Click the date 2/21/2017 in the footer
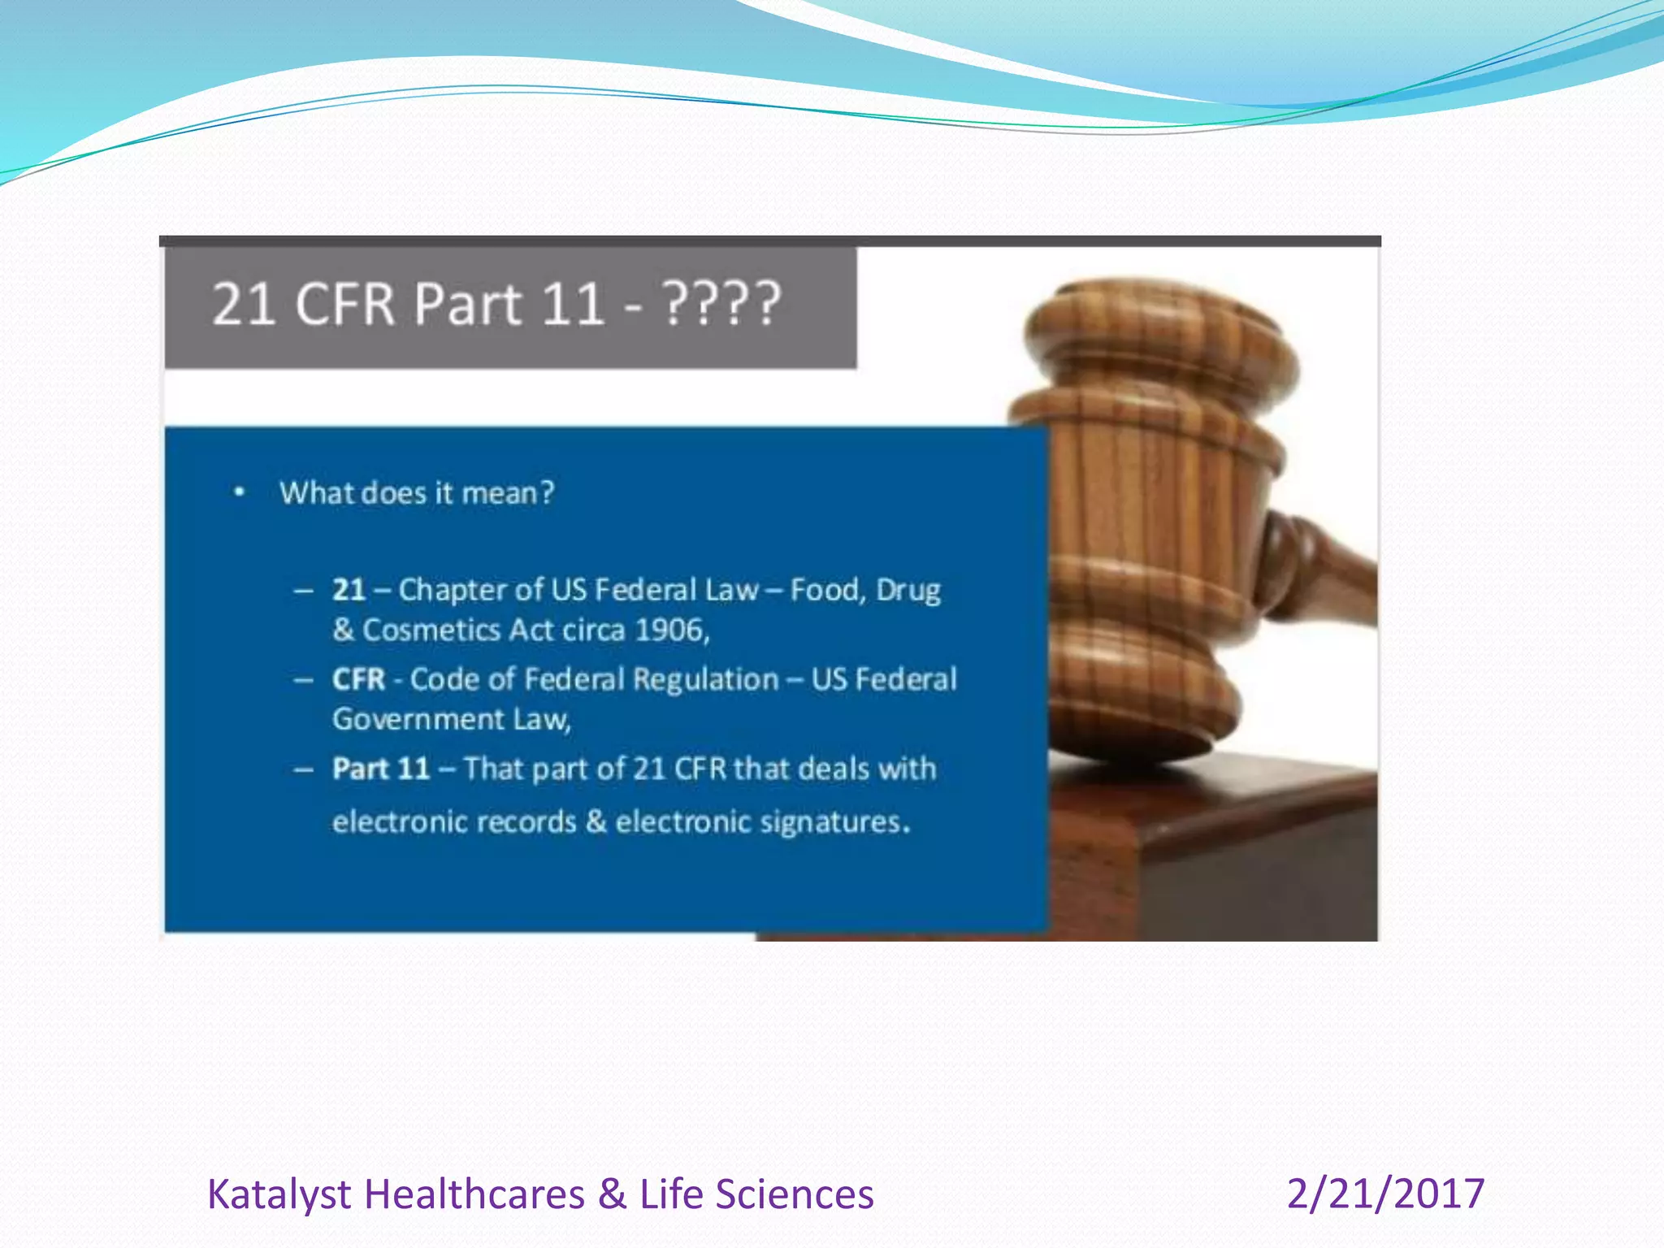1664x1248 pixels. [1385, 1194]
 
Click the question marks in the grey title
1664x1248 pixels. [722, 305]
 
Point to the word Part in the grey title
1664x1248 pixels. [467, 305]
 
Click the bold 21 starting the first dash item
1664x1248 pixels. [349, 590]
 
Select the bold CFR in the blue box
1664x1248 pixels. [358, 679]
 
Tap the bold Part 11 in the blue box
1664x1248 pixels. [380, 769]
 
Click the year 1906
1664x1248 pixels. [671, 630]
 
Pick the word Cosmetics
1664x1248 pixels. [431, 630]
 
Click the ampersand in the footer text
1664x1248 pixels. [612, 1194]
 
